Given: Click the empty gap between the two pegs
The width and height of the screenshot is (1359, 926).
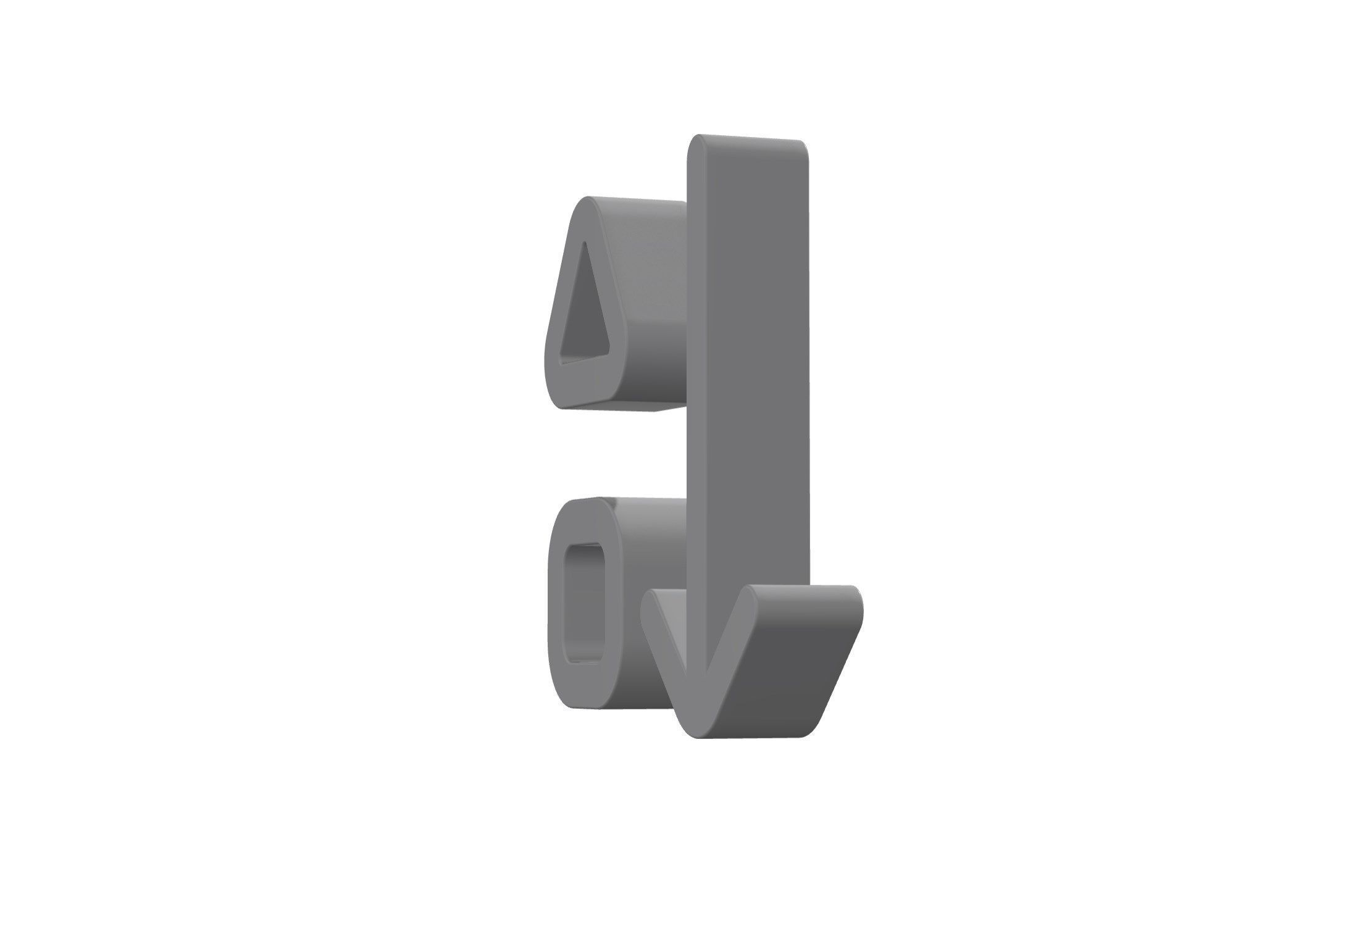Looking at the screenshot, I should [617, 454].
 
